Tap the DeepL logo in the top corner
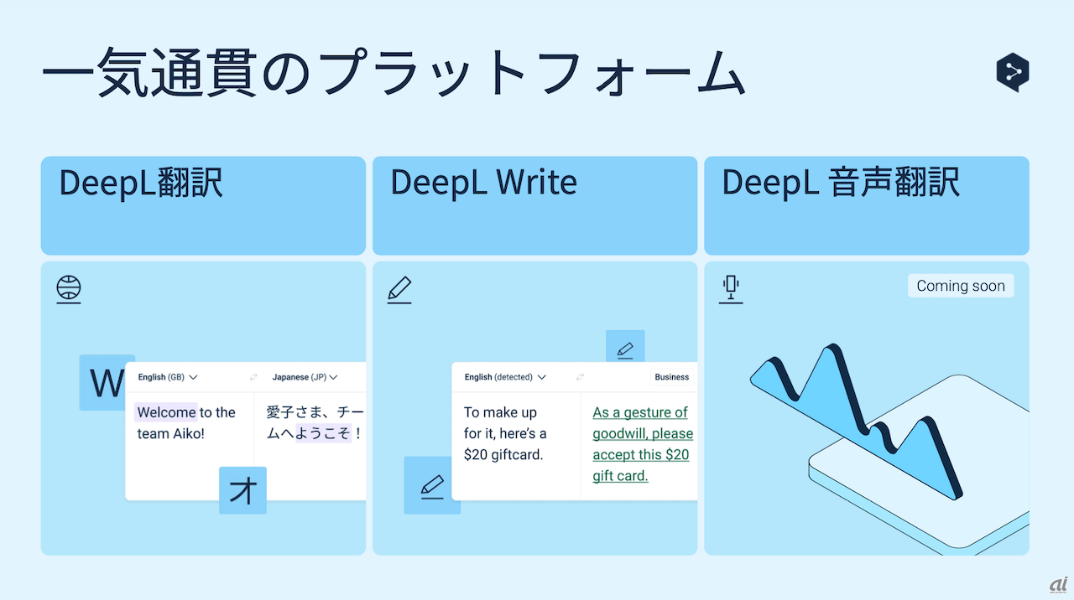[x=1013, y=73]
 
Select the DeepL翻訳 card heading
[x=141, y=183]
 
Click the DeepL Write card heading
[x=483, y=183]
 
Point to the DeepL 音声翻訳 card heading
[x=841, y=183]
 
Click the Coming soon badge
[x=961, y=286]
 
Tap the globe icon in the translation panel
[x=69, y=289]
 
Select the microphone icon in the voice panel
[x=731, y=289]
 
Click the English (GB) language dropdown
[x=168, y=377]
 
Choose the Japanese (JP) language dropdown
[x=305, y=377]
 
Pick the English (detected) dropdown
[x=505, y=377]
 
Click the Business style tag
[x=672, y=377]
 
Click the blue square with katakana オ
[x=242, y=490]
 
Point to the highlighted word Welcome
[x=166, y=412]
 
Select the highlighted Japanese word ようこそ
[x=323, y=434]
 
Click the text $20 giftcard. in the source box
[x=503, y=455]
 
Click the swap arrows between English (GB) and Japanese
[x=253, y=377]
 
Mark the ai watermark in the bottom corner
[x=1056, y=584]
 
